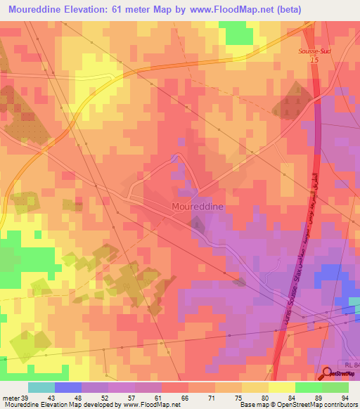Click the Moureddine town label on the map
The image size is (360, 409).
coord(199,207)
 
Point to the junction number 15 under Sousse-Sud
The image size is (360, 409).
coord(314,61)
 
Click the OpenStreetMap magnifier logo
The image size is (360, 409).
coord(326,372)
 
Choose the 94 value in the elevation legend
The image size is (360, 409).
coord(345,397)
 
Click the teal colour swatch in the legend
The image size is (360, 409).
coord(41,387)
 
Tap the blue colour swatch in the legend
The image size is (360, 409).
coord(67,387)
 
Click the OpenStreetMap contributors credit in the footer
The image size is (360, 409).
coord(314,405)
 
